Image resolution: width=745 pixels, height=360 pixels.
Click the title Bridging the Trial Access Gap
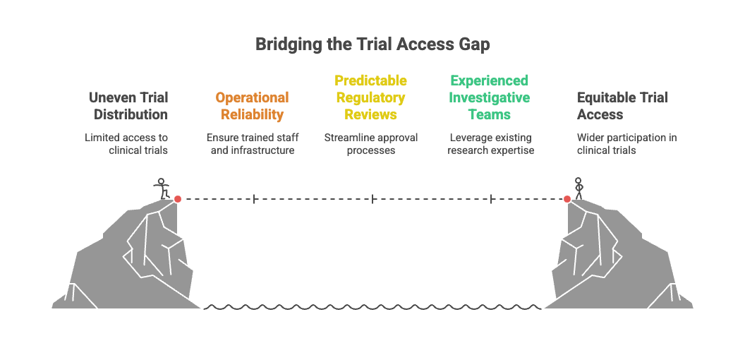tap(372, 44)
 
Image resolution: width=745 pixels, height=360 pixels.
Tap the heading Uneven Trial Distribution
tap(128, 106)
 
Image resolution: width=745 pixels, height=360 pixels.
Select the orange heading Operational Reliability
tap(252, 106)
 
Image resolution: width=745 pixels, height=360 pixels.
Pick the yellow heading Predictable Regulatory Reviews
tap(370, 97)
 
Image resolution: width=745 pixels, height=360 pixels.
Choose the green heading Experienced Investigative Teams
tap(490, 97)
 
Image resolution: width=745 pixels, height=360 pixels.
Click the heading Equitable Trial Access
tap(622, 106)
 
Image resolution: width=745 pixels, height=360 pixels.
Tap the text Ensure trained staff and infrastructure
tap(252, 143)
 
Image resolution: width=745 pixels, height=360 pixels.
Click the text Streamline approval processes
tap(370, 143)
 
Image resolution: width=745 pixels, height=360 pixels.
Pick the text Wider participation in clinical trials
tap(626, 143)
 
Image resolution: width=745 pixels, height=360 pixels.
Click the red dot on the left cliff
tap(178, 199)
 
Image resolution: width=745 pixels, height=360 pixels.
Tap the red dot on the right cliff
tap(567, 199)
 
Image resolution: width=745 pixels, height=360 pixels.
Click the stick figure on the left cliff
tap(163, 188)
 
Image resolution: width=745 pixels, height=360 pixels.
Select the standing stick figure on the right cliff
tap(579, 187)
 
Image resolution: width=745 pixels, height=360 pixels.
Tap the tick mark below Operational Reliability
tap(254, 199)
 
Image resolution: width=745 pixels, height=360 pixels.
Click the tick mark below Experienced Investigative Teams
tap(491, 199)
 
